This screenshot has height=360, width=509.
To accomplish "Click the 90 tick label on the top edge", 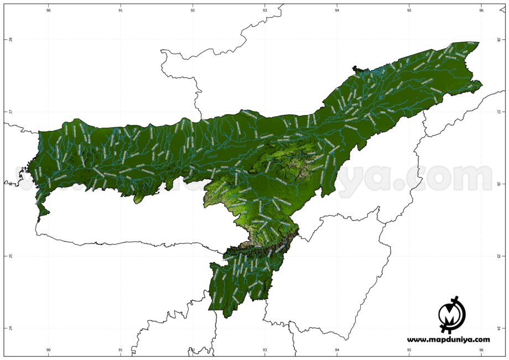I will pyautogui.click(x=49, y=10).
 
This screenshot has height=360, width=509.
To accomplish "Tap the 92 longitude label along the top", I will pyautogui.click(x=193, y=10).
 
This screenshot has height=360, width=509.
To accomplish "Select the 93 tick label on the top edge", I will pyautogui.click(x=265, y=10).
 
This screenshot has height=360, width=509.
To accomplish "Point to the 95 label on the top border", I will pyautogui.click(x=409, y=10).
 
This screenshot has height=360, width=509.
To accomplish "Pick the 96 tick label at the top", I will pyautogui.click(x=481, y=10).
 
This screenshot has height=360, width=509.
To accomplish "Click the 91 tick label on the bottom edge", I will pyautogui.click(x=121, y=350).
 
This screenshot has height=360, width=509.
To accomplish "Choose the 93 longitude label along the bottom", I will pyautogui.click(x=265, y=350).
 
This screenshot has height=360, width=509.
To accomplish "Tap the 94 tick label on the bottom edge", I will pyautogui.click(x=337, y=350).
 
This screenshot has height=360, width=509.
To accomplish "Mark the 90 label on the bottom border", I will pyautogui.click(x=49, y=350).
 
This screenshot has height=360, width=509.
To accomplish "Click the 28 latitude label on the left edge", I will pyautogui.click(x=10, y=40).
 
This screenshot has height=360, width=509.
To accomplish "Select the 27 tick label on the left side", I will pyautogui.click(x=10, y=112).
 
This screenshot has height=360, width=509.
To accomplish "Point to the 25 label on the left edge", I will pyautogui.click(x=10, y=256).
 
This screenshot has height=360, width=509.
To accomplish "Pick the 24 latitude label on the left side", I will pyautogui.click(x=10, y=328).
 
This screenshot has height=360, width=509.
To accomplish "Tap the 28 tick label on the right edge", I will pyautogui.click(x=498, y=40).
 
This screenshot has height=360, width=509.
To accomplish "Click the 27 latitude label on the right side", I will pyautogui.click(x=498, y=112).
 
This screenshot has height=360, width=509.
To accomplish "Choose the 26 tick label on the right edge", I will pyautogui.click(x=498, y=184).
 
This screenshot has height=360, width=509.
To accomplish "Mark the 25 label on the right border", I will pyautogui.click(x=498, y=256).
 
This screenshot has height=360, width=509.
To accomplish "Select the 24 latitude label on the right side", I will pyautogui.click(x=498, y=328).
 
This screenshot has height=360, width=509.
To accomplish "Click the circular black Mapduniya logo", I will pyautogui.click(x=452, y=314).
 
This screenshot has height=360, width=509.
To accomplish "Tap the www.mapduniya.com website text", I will pyautogui.click(x=449, y=340).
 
